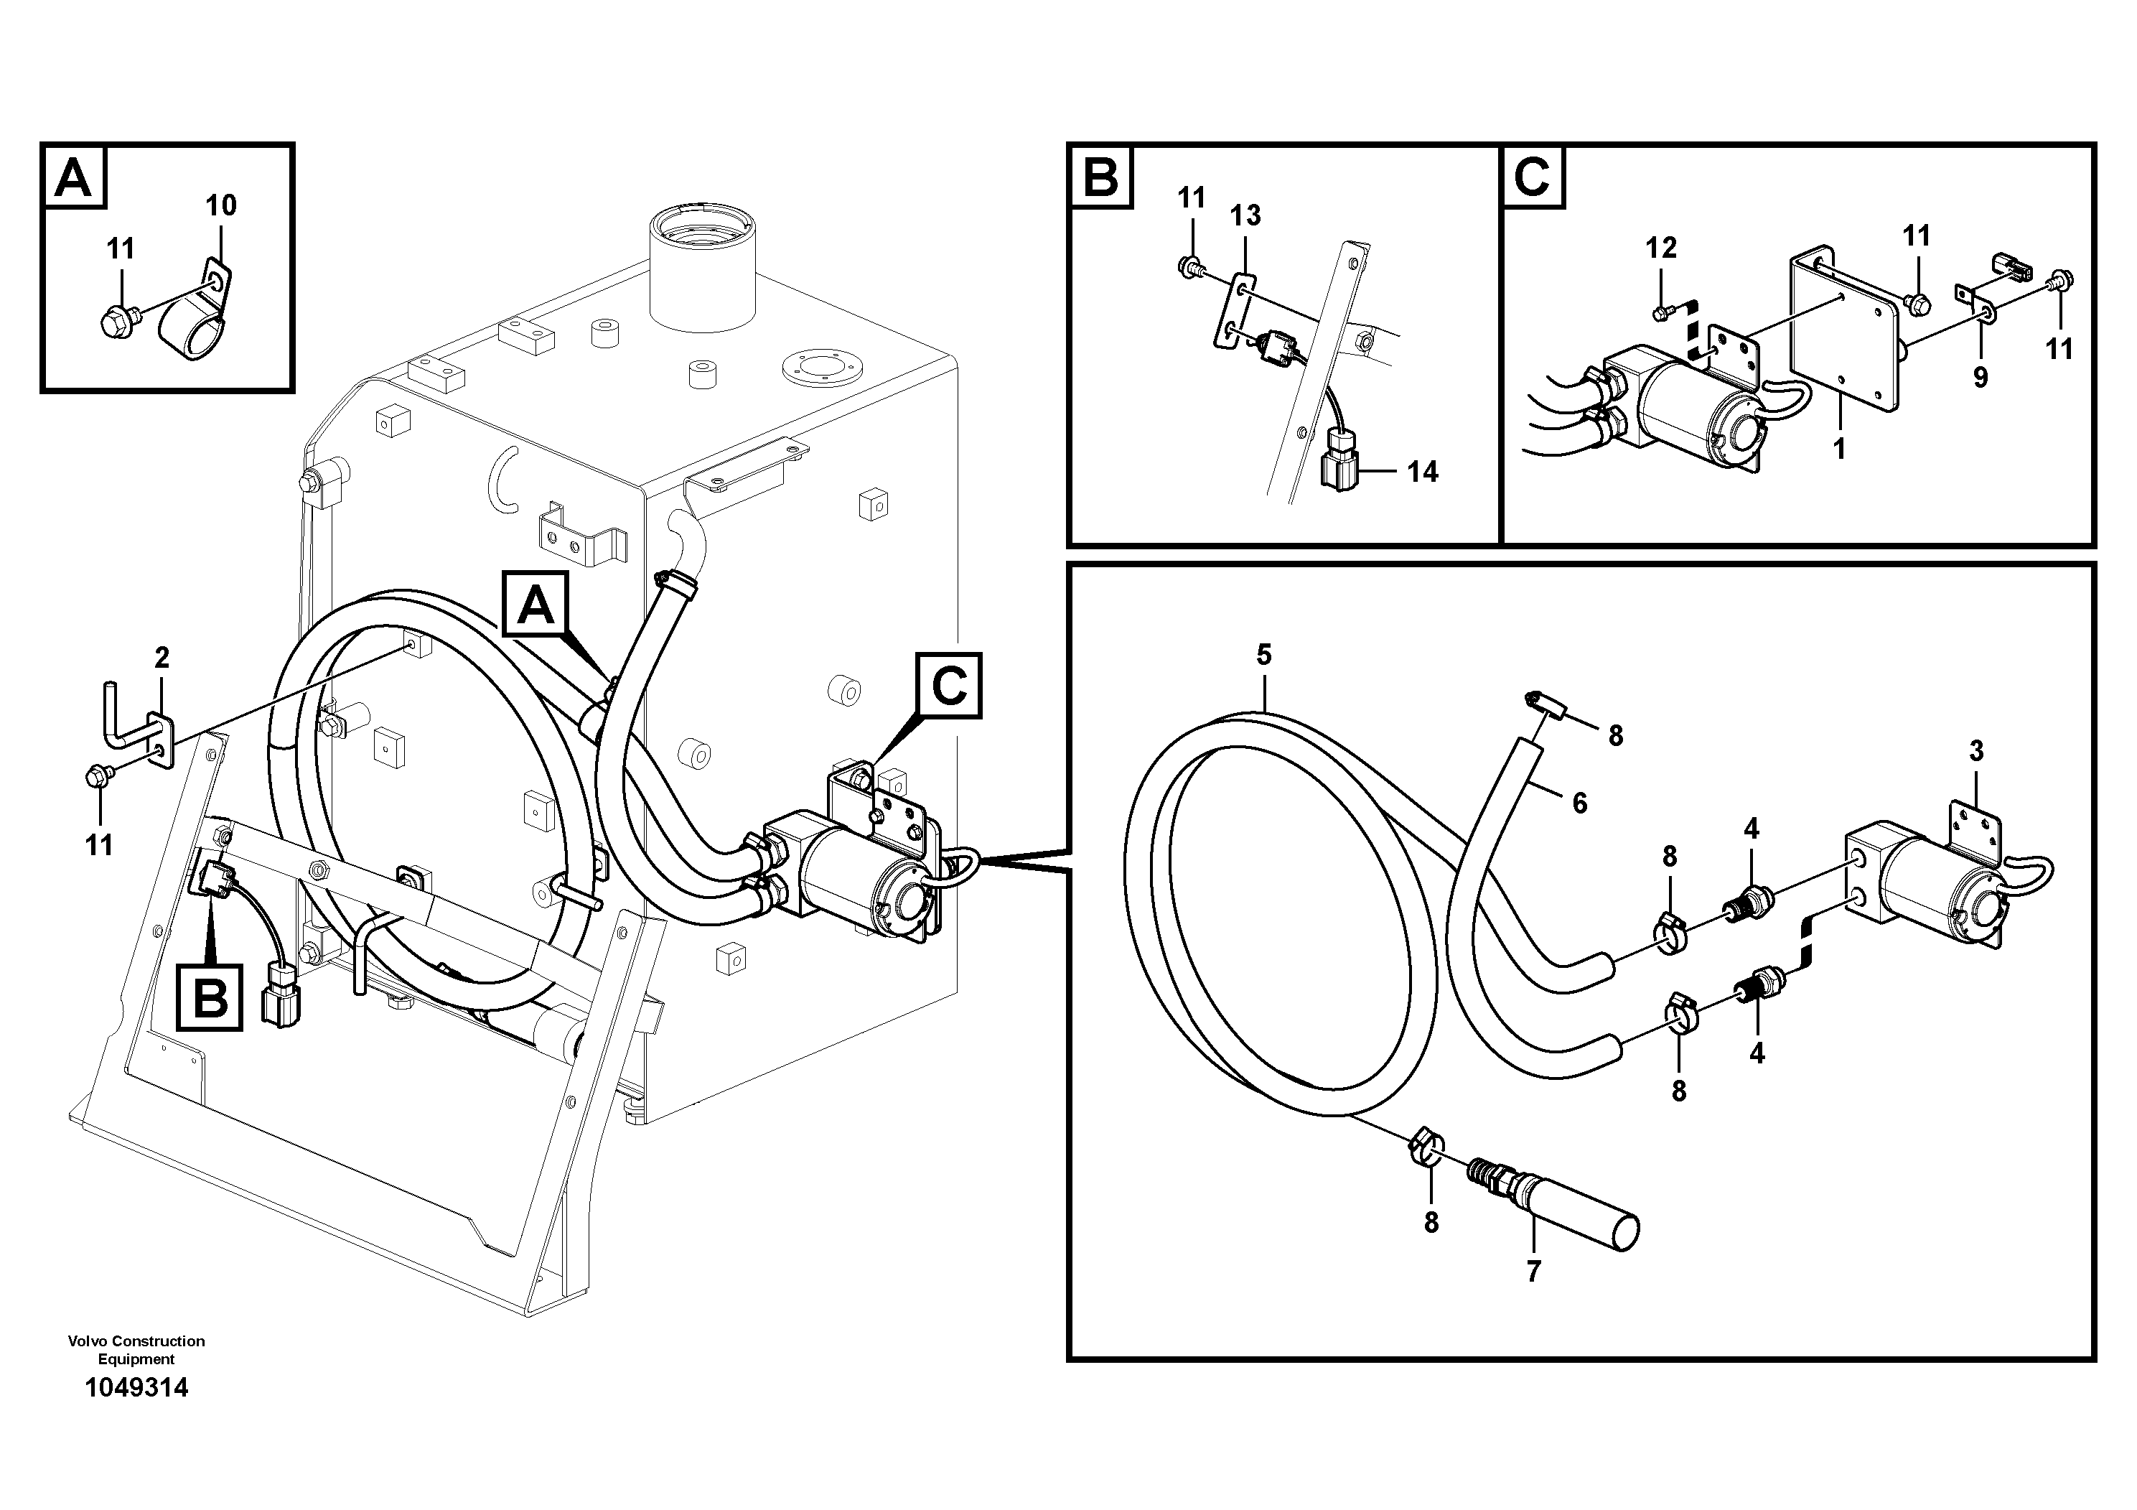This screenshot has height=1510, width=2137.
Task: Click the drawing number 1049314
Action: tap(136, 1388)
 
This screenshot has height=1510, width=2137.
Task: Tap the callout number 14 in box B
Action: tap(1422, 472)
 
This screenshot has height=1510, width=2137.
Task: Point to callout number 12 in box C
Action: tap(1660, 248)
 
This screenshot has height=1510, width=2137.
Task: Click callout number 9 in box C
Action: tap(1980, 377)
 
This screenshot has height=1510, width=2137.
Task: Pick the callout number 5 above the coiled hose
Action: tap(1263, 656)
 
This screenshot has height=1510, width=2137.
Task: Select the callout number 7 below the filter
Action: tap(1533, 1271)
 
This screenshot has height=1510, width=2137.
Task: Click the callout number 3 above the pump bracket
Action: tap(1976, 750)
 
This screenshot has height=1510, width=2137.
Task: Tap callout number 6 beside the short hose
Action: tap(1579, 803)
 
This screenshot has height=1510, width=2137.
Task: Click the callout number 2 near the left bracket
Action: tap(162, 658)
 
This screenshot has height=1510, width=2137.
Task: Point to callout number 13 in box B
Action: tap(1245, 216)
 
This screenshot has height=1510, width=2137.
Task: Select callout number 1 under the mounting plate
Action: tap(1838, 449)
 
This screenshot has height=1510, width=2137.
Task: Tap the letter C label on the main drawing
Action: tap(948, 686)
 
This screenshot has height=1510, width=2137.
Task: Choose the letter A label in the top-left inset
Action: tap(73, 177)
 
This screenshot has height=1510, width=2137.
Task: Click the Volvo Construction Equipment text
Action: tap(136, 1350)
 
